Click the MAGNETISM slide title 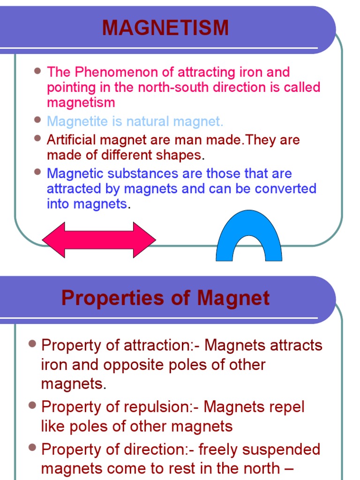[165, 28]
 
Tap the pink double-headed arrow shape [99, 240]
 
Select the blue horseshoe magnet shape [248, 237]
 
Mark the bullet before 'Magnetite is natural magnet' [38, 120]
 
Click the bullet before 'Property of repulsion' [32, 405]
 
